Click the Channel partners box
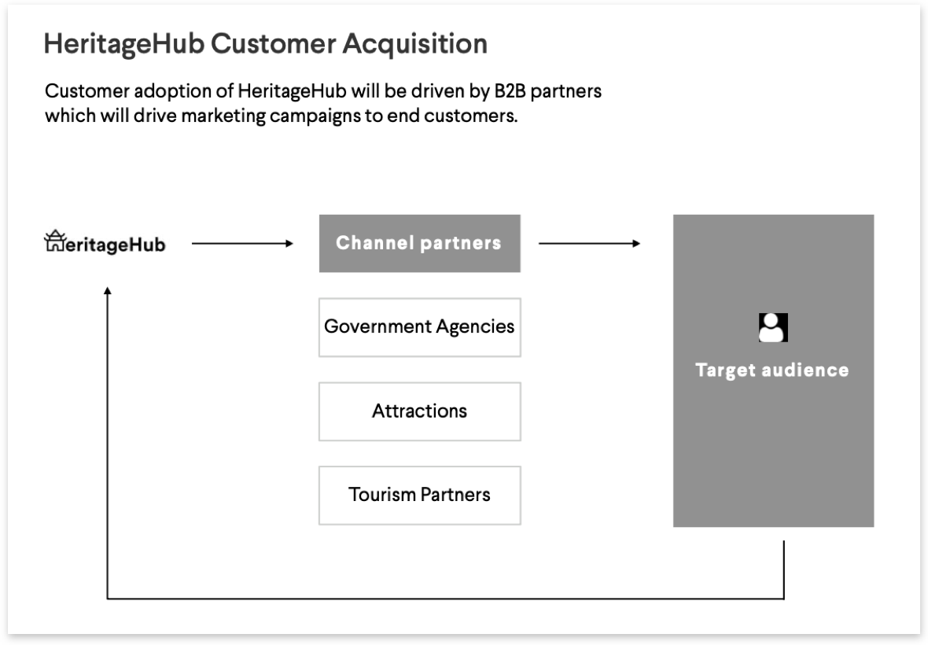coord(419,243)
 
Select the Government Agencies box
coord(419,326)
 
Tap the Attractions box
coord(419,411)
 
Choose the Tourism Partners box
coord(419,495)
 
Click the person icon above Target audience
coord(772,327)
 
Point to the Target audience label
coord(772,370)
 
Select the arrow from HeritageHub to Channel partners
coord(241,244)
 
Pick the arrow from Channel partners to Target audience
coord(589,244)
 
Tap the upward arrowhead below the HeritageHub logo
coord(108,290)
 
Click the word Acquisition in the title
coord(414,44)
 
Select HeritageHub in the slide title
coord(124,44)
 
